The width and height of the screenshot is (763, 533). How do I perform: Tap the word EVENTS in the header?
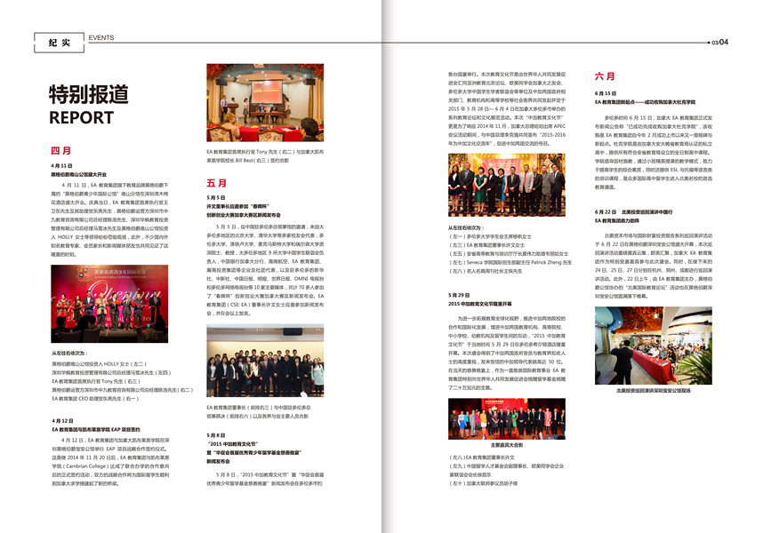(100, 37)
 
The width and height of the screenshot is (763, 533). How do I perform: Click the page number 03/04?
(719, 42)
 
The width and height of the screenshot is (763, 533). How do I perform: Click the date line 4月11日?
(62, 166)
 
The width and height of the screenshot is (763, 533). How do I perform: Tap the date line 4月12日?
(62, 420)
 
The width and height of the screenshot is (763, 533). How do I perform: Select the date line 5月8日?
(216, 434)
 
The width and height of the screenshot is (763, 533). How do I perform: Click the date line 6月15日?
(606, 92)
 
